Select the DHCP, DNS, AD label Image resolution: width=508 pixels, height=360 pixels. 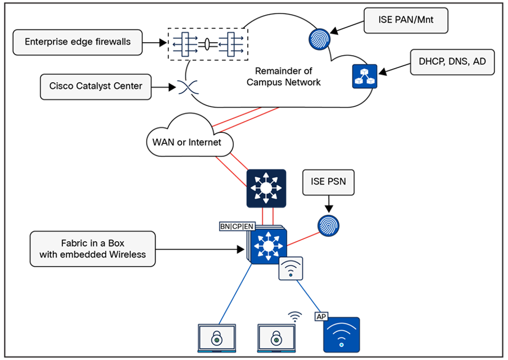(x=452, y=61)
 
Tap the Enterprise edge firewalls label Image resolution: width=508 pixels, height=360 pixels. (x=78, y=42)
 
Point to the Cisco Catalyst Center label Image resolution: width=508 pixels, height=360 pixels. (x=96, y=87)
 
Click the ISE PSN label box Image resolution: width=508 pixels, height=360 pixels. (x=328, y=182)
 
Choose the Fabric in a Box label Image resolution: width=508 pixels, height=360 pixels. (x=92, y=249)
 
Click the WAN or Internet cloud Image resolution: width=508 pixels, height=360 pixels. (x=187, y=140)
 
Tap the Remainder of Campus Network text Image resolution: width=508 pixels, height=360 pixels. (x=283, y=76)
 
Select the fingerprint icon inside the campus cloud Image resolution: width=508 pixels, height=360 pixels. (x=320, y=39)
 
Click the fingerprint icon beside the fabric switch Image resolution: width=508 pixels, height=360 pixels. (x=329, y=225)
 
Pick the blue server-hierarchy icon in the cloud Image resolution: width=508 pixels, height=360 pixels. (x=365, y=76)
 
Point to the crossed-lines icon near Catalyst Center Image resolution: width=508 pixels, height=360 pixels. (x=185, y=87)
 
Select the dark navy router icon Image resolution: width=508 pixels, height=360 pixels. (x=266, y=188)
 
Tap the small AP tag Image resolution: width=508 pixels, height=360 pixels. (x=321, y=317)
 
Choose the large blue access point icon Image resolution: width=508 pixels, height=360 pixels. (x=341, y=335)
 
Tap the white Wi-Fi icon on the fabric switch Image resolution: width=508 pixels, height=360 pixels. (x=291, y=268)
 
